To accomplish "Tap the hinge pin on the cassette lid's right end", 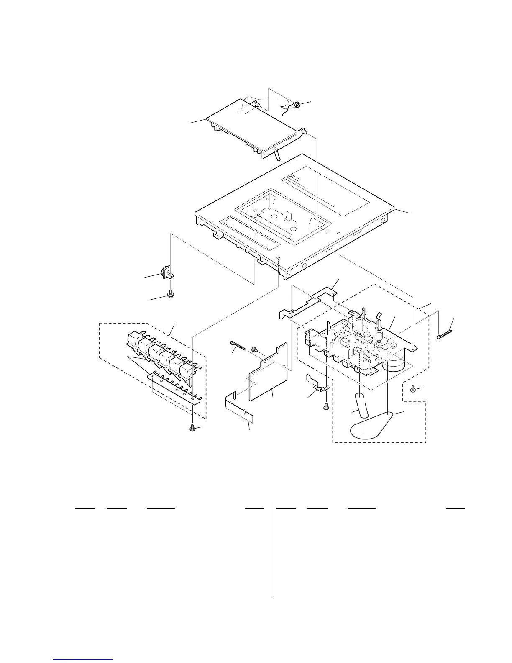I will pos(305,132).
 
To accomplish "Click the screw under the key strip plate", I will pos(192,429).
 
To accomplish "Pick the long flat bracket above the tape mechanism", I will pos(310,301).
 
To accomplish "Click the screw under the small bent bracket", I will pos(326,405).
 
